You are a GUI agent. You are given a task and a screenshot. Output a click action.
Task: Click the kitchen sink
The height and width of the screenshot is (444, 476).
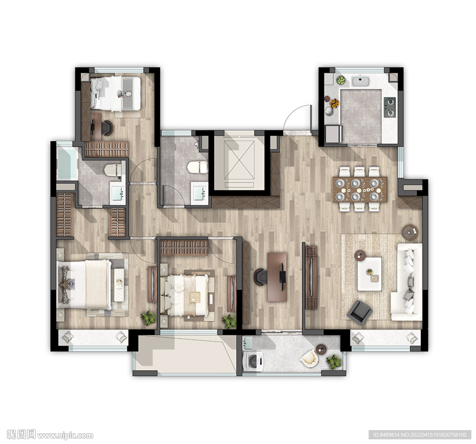[x=361, y=81]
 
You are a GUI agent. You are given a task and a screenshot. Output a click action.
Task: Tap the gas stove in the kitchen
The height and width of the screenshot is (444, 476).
[x=390, y=107]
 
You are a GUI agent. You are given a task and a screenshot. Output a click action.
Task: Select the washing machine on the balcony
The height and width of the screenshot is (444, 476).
[x=253, y=361]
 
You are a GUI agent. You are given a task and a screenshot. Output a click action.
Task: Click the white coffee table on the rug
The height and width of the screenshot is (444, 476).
[x=370, y=274]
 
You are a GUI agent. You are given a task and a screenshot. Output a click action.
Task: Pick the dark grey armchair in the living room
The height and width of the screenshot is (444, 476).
[x=360, y=312]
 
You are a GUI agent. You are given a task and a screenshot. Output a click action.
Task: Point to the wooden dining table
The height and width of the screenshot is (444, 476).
[x=360, y=189]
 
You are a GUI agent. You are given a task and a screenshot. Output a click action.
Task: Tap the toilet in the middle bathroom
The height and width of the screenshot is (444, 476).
[x=198, y=167]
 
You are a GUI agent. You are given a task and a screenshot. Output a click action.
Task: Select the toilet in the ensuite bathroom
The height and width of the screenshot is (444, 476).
[x=113, y=170]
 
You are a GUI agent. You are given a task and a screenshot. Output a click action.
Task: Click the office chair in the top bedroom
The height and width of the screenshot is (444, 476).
[x=106, y=128]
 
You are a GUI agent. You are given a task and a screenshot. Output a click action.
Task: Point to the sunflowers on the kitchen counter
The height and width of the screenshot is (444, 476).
[x=335, y=103]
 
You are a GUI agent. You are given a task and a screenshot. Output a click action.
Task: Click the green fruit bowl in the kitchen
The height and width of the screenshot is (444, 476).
[x=341, y=80]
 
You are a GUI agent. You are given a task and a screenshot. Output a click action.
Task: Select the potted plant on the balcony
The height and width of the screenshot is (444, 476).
[x=334, y=361]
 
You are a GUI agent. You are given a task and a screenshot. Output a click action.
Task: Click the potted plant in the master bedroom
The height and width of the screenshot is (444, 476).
[x=148, y=318]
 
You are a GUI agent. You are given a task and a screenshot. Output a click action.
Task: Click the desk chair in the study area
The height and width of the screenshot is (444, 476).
[x=260, y=277]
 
